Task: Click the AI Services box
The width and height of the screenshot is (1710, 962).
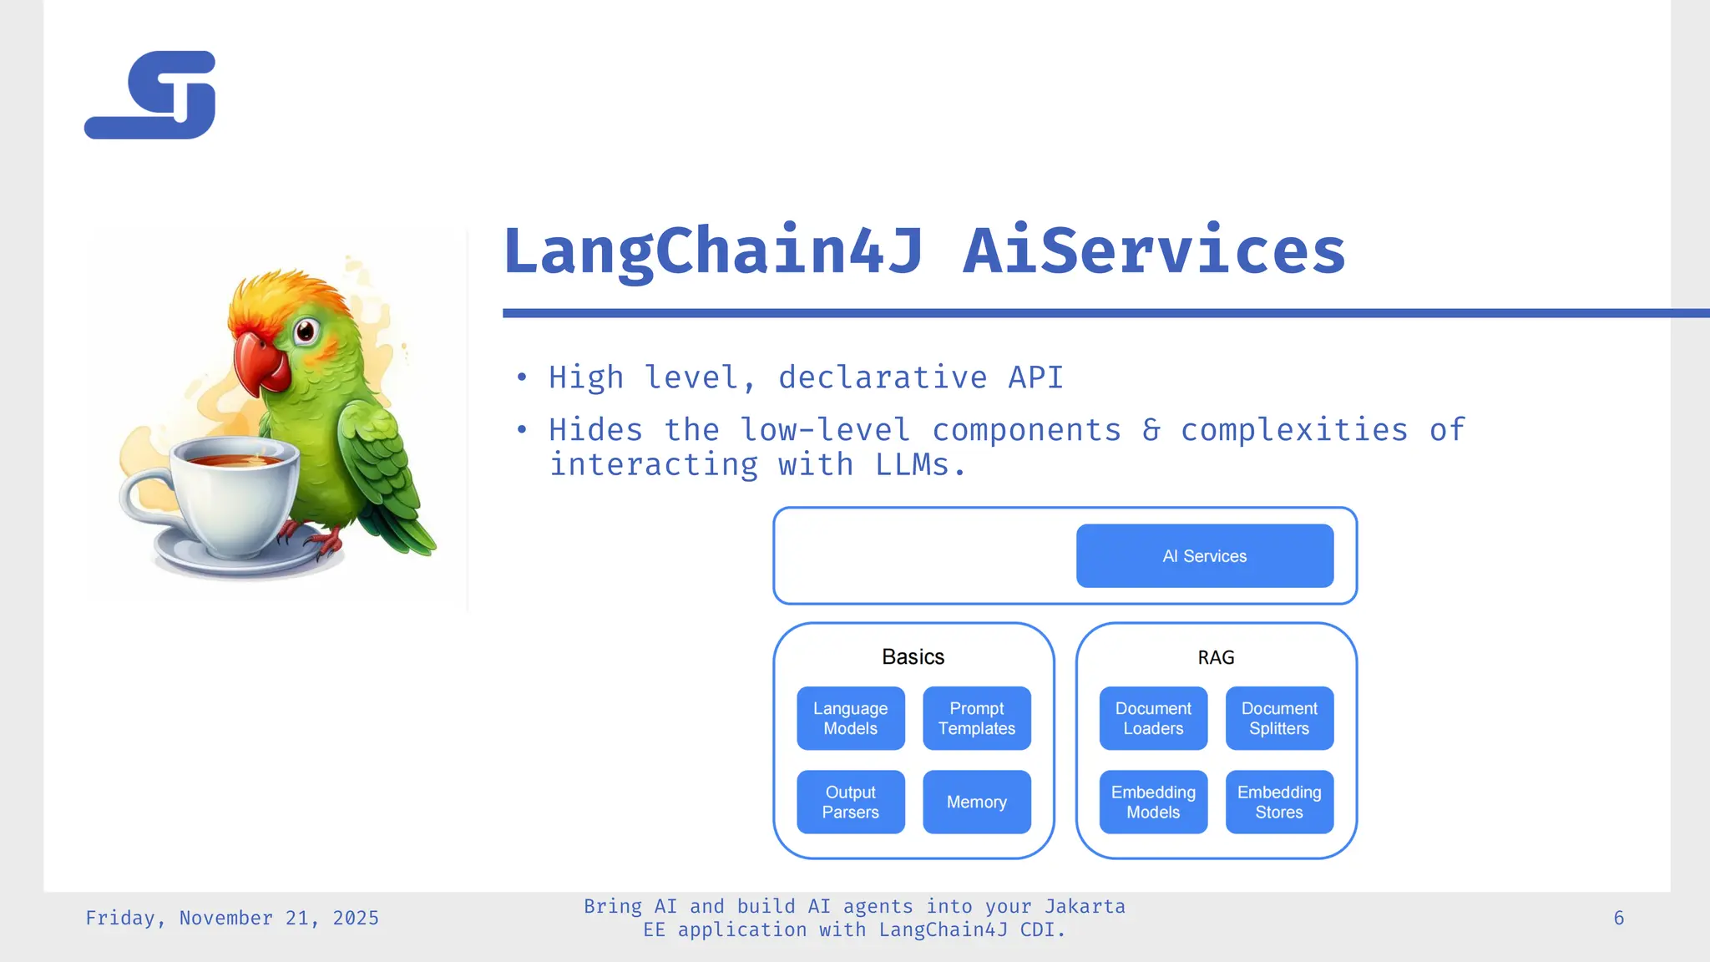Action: click(x=1204, y=556)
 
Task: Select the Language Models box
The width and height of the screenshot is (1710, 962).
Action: click(x=850, y=718)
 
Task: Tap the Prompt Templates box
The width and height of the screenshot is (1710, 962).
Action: click(x=976, y=718)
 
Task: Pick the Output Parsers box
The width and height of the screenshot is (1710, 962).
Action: click(x=850, y=802)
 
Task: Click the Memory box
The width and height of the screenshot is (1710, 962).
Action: click(x=976, y=802)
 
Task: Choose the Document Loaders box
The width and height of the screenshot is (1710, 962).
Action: click(x=1153, y=718)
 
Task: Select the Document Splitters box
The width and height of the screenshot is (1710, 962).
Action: click(x=1279, y=718)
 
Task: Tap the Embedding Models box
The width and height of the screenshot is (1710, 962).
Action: click(x=1153, y=802)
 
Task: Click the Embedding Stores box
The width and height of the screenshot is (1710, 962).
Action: click(x=1279, y=802)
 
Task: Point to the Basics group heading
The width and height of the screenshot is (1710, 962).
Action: click(x=913, y=657)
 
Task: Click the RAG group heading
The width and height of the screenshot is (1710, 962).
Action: click(x=1216, y=658)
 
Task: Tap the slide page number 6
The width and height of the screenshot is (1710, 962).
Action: click(x=1618, y=919)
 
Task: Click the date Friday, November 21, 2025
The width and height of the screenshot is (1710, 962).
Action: click(x=232, y=919)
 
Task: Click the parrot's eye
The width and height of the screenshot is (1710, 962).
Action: click(x=306, y=332)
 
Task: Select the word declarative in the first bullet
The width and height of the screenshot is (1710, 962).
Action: click(x=882, y=377)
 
